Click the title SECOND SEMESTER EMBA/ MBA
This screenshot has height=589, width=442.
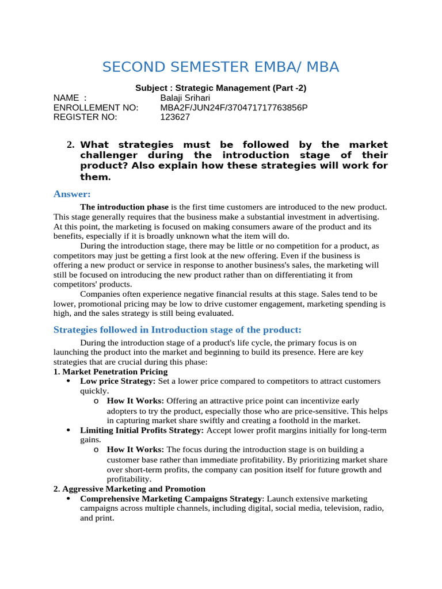[x=220, y=67]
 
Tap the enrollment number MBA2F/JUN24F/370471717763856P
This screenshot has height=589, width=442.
[x=234, y=108]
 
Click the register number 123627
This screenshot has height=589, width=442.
[x=174, y=117]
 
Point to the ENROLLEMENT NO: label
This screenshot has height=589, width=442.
[x=96, y=108]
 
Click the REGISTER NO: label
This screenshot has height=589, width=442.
[x=85, y=117]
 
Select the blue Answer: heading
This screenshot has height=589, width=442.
[x=72, y=194]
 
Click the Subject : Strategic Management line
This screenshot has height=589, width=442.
[x=220, y=88]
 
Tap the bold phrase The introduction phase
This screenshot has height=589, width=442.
[x=124, y=206]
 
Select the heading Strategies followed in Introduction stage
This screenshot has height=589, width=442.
[x=177, y=330]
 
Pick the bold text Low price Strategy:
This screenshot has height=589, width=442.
[x=118, y=381]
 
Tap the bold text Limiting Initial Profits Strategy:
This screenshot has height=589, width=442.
[x=142, y=430]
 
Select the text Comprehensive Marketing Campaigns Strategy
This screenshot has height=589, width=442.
[x=171, y=499]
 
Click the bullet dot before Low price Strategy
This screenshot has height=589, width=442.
[x=68, y=381]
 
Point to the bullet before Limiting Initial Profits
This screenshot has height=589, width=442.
[x=68, y=430]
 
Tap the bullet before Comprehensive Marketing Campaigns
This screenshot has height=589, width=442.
[x=68, y=499]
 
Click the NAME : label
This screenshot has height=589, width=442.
[x=70, y=98]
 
